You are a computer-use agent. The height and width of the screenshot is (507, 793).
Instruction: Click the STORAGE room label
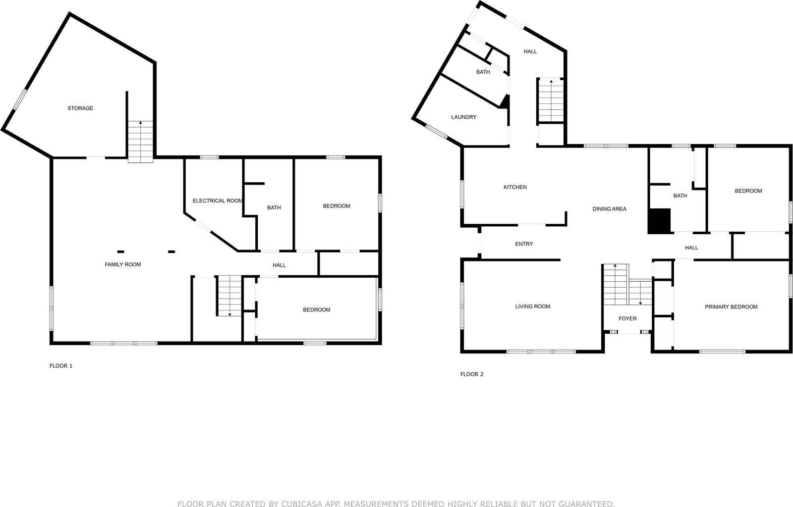pos(80,108)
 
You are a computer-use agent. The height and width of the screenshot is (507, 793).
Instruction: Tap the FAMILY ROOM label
pos(123,265)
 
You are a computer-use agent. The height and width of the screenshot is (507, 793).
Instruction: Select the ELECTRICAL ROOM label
pos(218,201)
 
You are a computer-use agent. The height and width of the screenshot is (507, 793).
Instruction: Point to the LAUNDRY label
pos(464,117)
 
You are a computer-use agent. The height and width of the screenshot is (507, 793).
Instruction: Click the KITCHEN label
pos(515,187)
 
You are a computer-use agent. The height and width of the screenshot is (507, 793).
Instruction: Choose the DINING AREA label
pos(609,209)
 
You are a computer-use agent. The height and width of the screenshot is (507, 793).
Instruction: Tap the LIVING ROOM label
pos(533,306)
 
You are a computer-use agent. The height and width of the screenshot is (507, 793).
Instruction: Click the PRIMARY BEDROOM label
pos(731,307)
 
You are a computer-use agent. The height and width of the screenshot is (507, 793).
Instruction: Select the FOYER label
pos(627,319)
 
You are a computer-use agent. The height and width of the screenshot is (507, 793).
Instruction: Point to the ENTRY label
pos(524,244)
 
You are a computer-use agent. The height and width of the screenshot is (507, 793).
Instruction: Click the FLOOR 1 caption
pos(61,366)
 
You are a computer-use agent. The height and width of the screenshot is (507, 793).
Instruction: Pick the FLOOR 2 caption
pos(472,374)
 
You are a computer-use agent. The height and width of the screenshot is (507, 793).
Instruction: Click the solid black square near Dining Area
pos(659,221)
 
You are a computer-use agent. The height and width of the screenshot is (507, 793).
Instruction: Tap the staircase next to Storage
pos(141,142)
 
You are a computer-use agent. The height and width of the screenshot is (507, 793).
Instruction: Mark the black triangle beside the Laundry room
pos(505,102)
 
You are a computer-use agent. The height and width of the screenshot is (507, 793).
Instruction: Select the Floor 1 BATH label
pos(274,208)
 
